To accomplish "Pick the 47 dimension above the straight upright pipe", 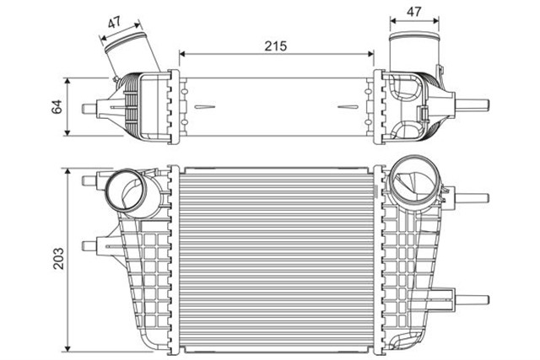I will (413, 13).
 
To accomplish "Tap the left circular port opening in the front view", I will (127, 191).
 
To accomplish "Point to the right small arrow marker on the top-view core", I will (347, 108).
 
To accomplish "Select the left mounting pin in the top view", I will (91, 108).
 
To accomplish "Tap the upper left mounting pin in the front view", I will (89, 181).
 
